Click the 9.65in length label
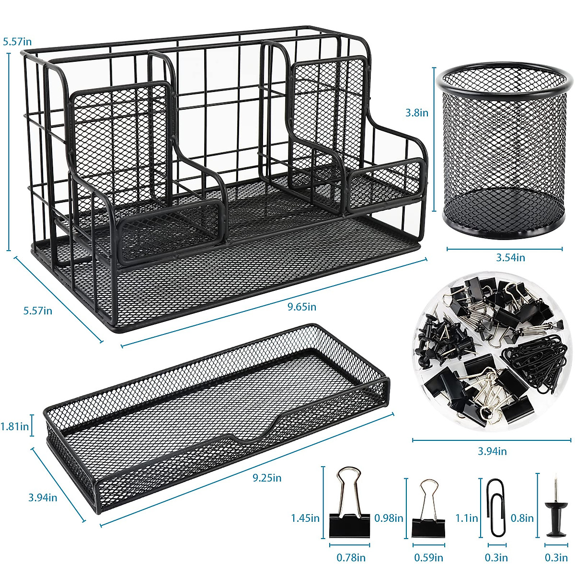pos(302,307)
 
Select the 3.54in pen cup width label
pos(510,257)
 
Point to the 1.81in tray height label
pos(15,426)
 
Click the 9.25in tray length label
pos(267,478)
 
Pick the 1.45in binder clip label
pos(305,517)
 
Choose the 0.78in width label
pos(351,557)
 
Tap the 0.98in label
pos(389,517)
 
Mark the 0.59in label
pos(428,557)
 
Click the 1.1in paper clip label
pos(467,517)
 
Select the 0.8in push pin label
pos(522,517)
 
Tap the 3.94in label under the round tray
pos(492,451)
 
